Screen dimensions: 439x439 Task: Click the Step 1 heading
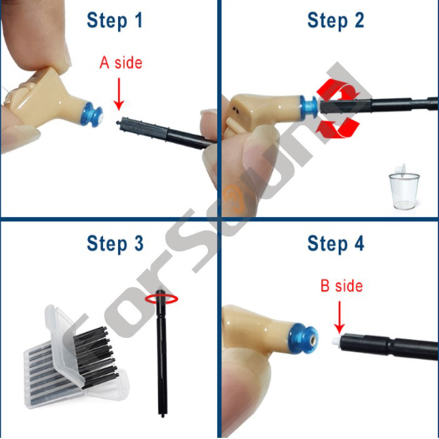pos(115,21)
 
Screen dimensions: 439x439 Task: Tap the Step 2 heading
pos(336,21)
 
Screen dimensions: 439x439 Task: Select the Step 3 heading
pos(115,244)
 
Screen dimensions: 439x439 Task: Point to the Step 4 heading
pos(336,244)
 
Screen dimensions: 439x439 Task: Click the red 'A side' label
pos(121,63)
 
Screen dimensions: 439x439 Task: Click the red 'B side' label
pos(341,286)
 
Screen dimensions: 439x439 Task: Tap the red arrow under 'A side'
pos(119,94)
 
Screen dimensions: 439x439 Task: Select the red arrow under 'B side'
pos(340,317)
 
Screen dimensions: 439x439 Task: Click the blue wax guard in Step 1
pos(92,114)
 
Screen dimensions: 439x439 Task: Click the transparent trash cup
pos(404,187)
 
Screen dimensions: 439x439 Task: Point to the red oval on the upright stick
pos(161,299)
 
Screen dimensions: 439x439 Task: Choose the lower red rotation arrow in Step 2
pos(337,127)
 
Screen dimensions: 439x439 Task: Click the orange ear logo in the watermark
pos(235,197)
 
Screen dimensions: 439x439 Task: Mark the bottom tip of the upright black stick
pos(162,417)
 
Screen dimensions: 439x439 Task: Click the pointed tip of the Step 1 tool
pos(117,122)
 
